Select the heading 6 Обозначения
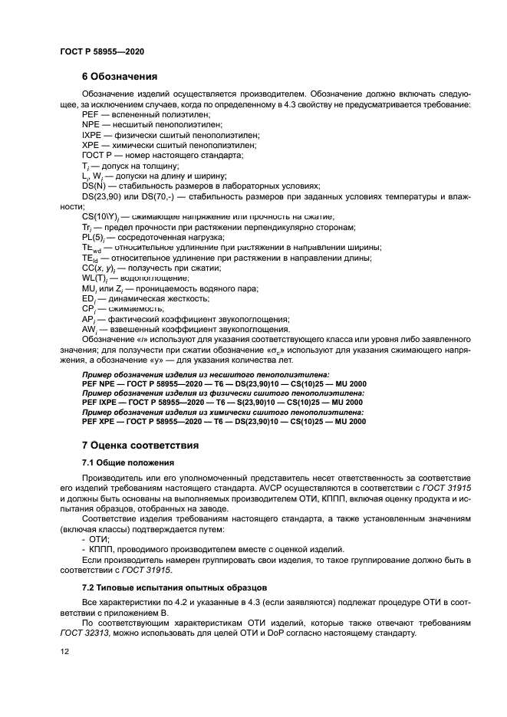click(x=119, y=77)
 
